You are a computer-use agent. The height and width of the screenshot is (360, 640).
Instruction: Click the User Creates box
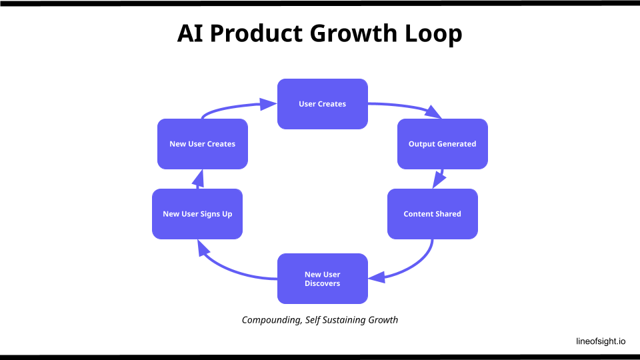(x=323, y=104)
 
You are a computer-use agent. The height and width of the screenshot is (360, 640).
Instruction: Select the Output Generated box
(x=443, y=144)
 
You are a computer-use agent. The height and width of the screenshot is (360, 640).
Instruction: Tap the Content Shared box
(x=433, y=214)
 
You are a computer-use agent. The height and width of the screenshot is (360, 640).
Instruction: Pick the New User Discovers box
(x=323, y=279)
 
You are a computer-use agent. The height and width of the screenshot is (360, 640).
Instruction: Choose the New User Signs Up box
(x=197, y=214)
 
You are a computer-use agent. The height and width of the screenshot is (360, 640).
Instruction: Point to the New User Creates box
(x=203, y=144)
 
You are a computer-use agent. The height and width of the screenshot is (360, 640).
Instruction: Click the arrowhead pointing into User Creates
(x=269, y=103)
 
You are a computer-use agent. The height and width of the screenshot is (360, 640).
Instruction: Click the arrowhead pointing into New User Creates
(x=197, y=177)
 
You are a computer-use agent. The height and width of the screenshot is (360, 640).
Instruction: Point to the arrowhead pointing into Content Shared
(x=439, y=180)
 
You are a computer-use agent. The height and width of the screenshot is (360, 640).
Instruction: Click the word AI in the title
(x=191, y=34)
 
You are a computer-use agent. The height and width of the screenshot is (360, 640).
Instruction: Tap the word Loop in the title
(x=435, y=34)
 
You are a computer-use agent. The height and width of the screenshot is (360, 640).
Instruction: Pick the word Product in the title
(x=257, y=34)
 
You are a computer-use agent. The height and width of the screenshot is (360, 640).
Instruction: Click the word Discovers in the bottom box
(x=323, y=283)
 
